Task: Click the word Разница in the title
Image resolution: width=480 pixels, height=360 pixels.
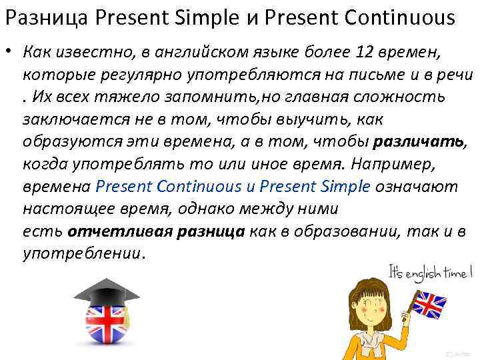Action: coord(47,18)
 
